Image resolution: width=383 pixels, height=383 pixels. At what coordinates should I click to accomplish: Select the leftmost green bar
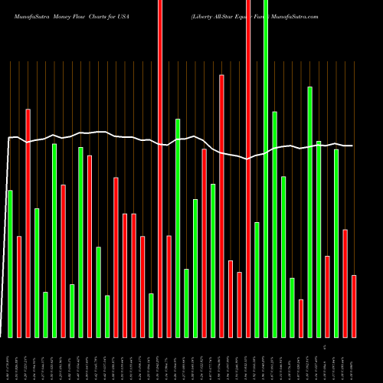[10, 264]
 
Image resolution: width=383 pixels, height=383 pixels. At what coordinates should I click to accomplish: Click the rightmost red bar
[354, 306]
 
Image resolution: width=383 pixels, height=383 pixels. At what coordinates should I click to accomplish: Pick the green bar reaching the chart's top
[266, 169]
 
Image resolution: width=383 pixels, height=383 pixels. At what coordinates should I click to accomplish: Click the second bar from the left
[19, 286]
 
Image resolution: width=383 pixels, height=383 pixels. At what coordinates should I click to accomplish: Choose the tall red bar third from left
[28, 223]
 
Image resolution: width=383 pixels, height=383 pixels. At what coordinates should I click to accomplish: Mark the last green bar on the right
[336, 243]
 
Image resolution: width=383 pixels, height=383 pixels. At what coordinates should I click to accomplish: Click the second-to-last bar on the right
[345, 283]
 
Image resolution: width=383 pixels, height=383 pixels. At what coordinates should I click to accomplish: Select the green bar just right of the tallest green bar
[274, 224]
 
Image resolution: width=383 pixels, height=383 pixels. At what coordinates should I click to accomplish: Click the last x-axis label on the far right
[353, 359]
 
